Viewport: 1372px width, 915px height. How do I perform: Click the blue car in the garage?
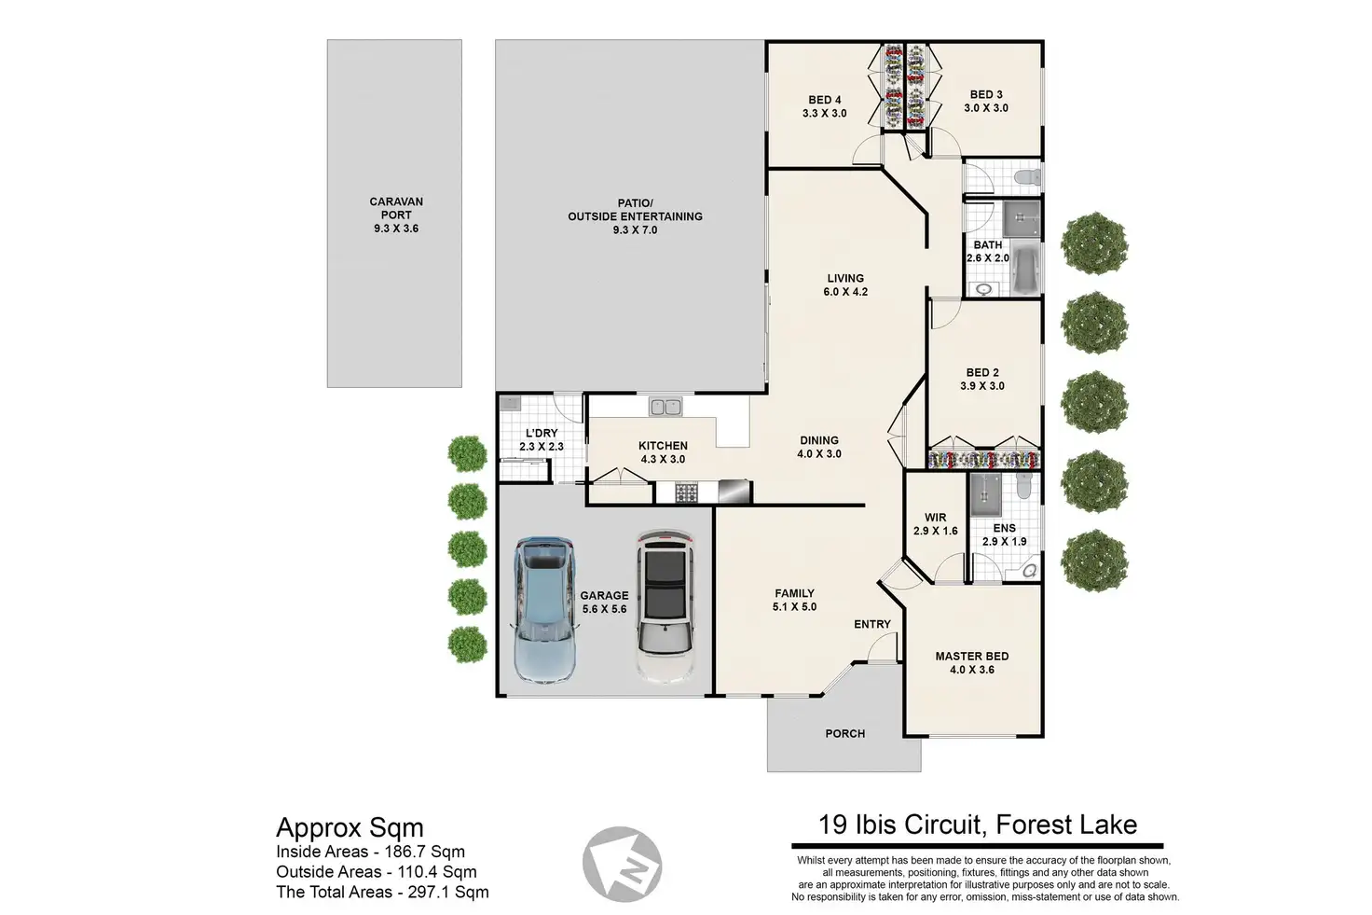click(543, 610)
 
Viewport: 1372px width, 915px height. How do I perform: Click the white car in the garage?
click(665, 606)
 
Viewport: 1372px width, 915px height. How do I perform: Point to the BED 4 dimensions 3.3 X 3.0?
click(825, 114)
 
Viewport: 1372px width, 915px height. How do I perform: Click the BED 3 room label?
click(986, 94)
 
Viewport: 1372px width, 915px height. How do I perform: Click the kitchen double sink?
click(665, 407)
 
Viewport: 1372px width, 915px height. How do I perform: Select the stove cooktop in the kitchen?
click(687, 492)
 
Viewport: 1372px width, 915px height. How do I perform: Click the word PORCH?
click(844, 734)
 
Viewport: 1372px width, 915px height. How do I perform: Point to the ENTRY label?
click(872, 624)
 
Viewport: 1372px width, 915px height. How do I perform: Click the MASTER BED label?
click(972, 656)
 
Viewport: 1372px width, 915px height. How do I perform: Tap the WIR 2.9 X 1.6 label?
click(935, 524)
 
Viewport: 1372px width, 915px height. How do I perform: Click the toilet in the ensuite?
click(1023, 485)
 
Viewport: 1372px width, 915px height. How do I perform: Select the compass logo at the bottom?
click(622, 865)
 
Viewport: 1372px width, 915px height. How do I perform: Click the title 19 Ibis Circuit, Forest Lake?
click(978, 825)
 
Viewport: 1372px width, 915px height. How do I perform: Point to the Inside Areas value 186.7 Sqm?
click(424, 852)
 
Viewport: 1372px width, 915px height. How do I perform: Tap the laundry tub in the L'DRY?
click(510, 403)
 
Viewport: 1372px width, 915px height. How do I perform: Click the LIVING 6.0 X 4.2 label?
click(845, 285)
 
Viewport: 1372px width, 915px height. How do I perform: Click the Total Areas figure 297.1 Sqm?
click(448, 892)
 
